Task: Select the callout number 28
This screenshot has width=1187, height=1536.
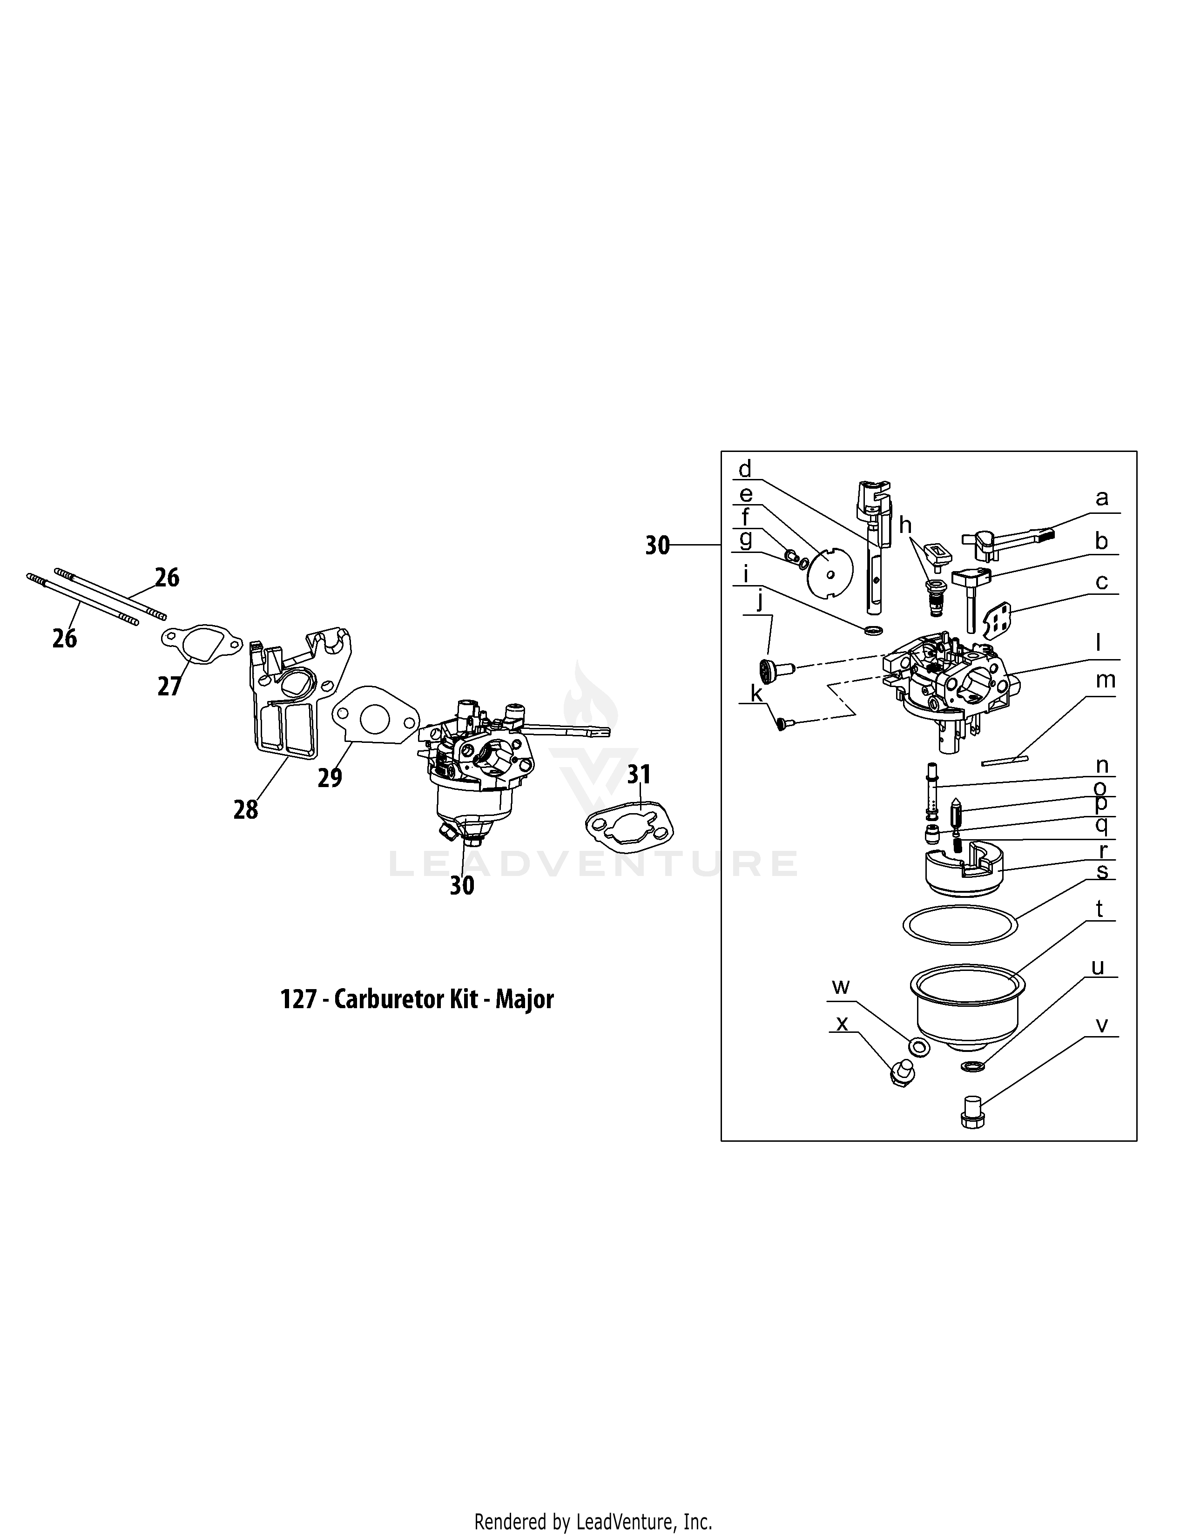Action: [245, 810]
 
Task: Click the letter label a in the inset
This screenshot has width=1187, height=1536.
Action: [1102, 499]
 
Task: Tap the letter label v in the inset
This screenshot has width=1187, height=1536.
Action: [1102, 1026]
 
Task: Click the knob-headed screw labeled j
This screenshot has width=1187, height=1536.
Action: [774, 667]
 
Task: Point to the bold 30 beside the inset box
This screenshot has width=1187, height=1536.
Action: [657, 546]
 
